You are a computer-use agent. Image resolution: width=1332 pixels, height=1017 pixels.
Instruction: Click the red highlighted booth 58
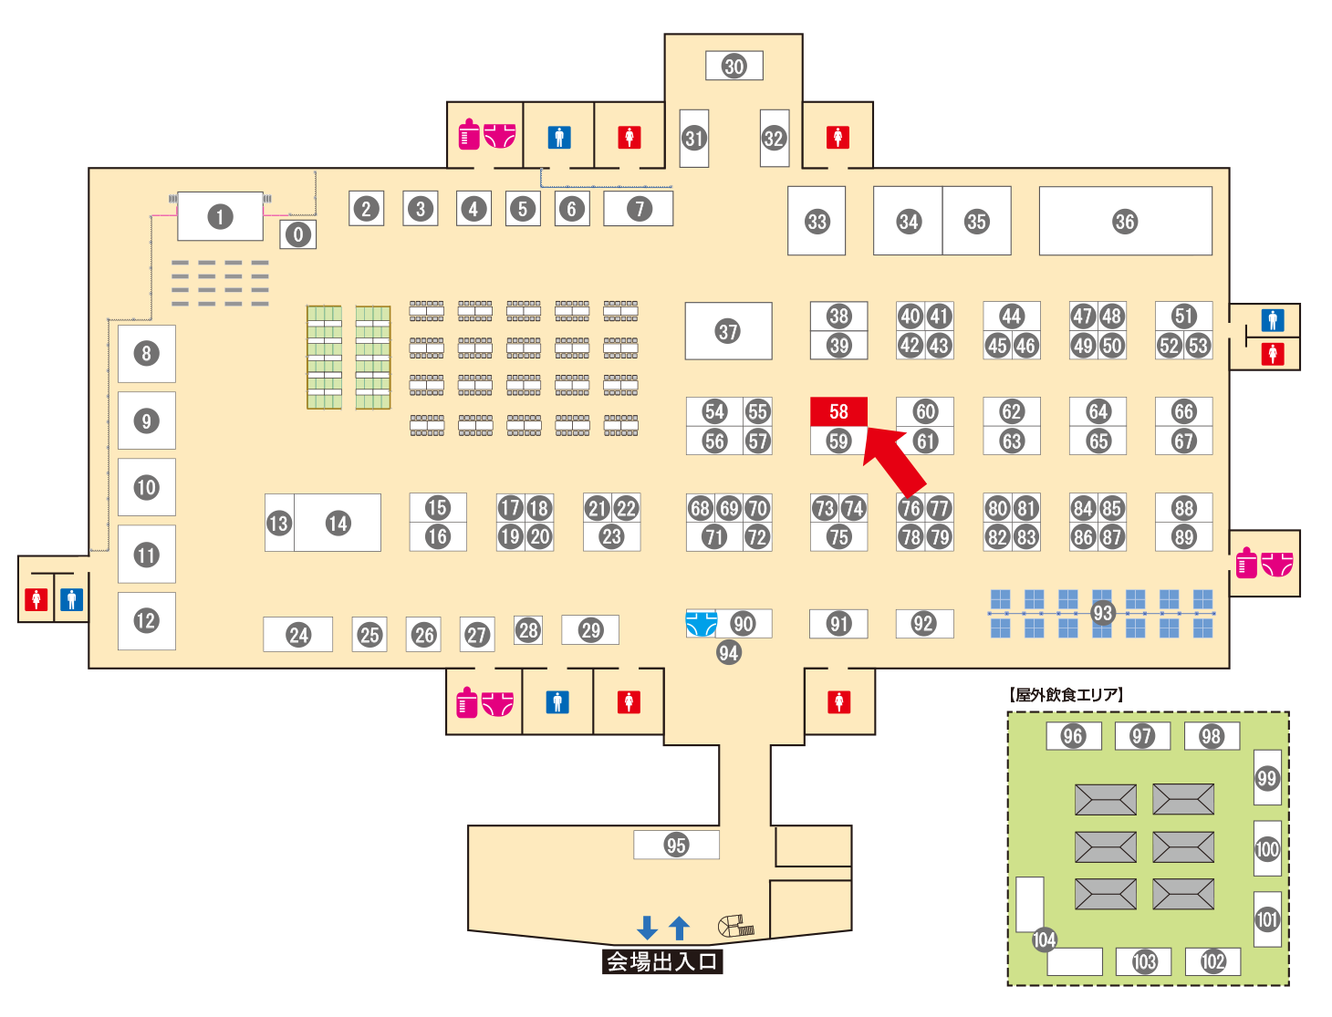tap(838, 411)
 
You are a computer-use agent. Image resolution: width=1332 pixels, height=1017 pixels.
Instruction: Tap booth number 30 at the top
tap(734, 66)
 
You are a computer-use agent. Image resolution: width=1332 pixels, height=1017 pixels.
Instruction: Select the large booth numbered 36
tap(1125, 222)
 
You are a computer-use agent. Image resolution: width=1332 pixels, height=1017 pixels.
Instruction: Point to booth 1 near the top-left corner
tap(220, 217)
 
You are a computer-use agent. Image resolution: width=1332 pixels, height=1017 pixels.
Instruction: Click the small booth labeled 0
tap(297, 235)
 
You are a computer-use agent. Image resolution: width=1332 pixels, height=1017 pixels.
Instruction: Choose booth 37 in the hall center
tap(728, 331)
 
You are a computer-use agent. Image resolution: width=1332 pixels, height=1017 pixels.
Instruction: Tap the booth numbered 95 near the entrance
tap(676, 845)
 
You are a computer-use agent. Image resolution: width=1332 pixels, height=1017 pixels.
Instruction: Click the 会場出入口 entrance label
tap(662, 961)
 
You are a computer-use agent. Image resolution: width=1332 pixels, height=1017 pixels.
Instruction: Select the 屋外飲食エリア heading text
tap(1067, 695)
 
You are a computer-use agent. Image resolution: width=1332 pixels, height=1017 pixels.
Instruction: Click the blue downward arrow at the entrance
tap(647, 928)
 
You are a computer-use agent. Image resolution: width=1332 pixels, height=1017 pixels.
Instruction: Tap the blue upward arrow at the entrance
tap(679, 928)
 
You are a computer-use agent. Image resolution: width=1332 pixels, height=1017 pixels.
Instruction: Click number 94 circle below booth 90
tap(728, 652)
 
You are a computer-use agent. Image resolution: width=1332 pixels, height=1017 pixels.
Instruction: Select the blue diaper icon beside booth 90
tap(701, 624)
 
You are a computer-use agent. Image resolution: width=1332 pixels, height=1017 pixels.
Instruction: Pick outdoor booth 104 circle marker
tap(1044, 939)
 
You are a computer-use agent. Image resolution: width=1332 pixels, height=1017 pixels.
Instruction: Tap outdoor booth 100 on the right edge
tap(1267, 849)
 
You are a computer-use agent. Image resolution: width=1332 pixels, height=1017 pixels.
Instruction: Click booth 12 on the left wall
tap(146, 621)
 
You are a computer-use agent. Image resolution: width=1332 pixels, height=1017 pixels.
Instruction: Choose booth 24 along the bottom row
tap(298, 635)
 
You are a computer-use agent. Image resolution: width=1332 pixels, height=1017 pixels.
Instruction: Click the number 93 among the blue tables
tap(1102, 613)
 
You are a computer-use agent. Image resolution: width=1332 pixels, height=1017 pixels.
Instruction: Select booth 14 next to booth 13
tap(338, 523)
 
